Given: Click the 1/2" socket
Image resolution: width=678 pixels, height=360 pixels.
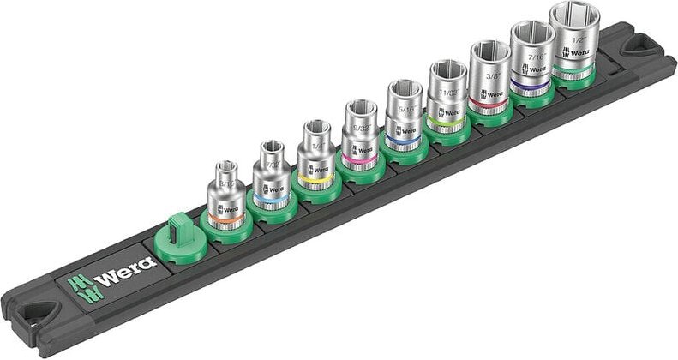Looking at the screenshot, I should (x=575, y=43).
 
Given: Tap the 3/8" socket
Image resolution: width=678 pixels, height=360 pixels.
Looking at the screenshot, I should (x=489, y=81).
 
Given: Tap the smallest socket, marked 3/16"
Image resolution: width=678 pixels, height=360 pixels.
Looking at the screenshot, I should (x=226, y=195).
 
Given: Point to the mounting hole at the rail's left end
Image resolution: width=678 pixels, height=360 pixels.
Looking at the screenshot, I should (x=35, y=318).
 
